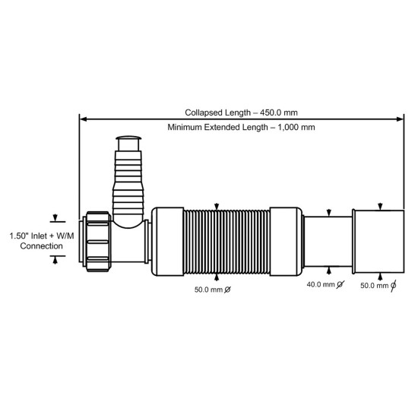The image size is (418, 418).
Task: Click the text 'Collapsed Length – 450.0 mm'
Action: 241,112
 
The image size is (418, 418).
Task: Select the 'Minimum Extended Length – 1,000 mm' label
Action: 241,127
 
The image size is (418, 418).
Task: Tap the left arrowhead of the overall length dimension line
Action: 83,119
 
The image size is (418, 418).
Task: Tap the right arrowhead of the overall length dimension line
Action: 400,119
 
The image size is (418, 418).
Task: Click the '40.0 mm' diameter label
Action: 321,284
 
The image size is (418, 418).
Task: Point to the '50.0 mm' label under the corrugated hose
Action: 208,290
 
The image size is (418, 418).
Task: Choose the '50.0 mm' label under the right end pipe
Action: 374,286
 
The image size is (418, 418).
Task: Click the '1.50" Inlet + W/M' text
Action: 42,236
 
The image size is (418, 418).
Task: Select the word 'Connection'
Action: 41,246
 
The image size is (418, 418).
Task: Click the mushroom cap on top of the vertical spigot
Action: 128,138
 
